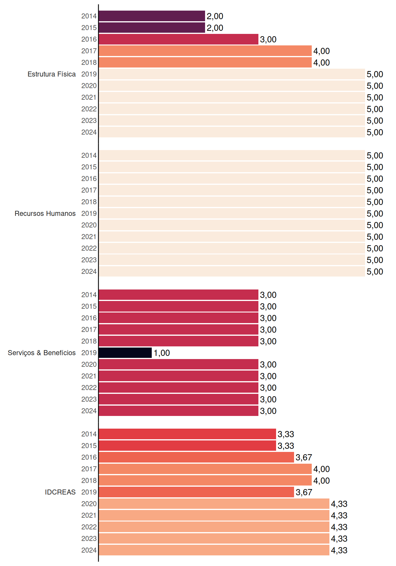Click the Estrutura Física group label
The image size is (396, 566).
(x=52, y=74)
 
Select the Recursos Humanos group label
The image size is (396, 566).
(x=45, y=213)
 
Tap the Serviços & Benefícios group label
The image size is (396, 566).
(x=42, y=353)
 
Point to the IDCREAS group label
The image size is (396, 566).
(x=60, y=492)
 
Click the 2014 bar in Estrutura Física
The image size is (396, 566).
(x=152, y=16)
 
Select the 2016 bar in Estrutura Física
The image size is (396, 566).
(x=179, y=39)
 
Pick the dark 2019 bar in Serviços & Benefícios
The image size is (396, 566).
(x=125, y=353)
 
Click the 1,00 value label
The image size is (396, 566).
(x=162, y=353)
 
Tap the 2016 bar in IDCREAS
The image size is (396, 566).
(x=196, y=457)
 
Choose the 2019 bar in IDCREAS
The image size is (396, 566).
(x=196, y=492)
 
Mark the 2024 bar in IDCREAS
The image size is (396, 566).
(x=214, y=550)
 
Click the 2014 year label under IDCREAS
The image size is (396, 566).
(x=89, y=434)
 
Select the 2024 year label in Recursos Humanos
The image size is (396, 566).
(x=89, y=272)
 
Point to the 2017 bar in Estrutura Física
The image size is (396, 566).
(x=205, y=51)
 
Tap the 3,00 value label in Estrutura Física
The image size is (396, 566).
(x=268, y=39)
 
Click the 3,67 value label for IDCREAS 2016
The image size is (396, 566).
(x=304, y=457)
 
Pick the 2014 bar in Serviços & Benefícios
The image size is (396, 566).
(x=179, y=295)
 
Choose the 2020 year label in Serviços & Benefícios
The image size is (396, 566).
(x=89, y=364)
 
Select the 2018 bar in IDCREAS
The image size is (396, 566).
(x=205, y=481)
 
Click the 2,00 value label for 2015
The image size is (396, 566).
(x=215, y=28)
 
